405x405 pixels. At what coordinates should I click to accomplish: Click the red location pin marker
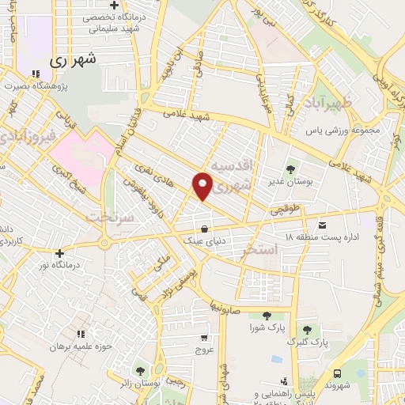click(203, 185)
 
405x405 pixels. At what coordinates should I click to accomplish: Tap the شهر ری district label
click(71, 59)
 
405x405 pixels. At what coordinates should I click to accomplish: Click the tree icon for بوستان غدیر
click(290, 168)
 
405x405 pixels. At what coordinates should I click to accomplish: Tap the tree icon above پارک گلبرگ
click(307, 330)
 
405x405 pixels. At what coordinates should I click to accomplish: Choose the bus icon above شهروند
click(339, 373)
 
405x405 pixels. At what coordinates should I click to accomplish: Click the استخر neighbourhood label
click(262, 250)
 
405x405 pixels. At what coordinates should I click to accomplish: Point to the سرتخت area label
click(106, 215)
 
